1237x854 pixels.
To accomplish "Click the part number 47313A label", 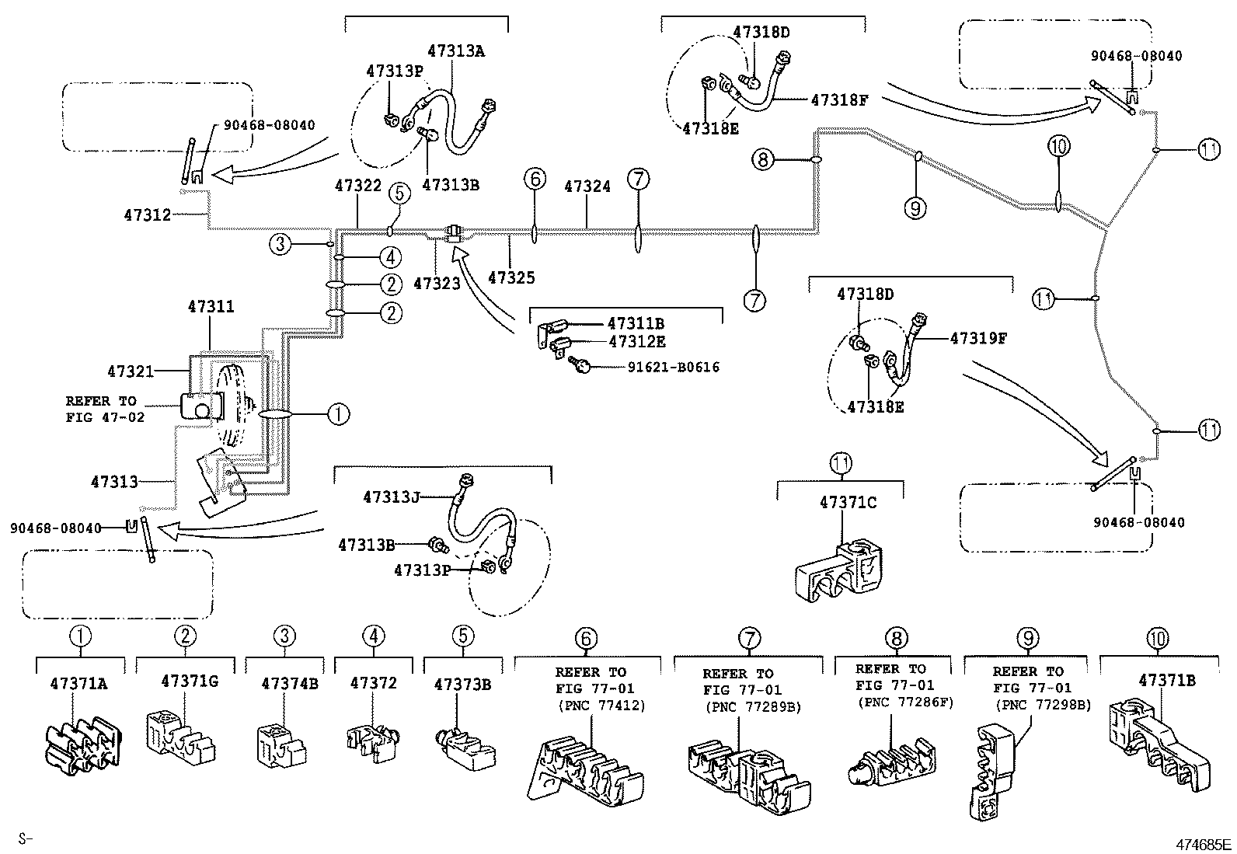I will [455, 51].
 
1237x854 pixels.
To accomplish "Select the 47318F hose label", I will [838, 99].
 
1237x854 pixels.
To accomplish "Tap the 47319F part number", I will [978, 338].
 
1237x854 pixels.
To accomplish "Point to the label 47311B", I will [636, 323].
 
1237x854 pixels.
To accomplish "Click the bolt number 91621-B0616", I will [673, 367].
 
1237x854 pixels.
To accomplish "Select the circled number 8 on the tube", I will [763, 160].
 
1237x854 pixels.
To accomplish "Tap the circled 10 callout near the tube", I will [1058, 145].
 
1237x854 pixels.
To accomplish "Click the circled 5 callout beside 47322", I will [399, 193].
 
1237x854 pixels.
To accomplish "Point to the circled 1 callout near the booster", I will [338, 415].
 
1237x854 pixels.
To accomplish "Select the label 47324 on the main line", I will [587, 186].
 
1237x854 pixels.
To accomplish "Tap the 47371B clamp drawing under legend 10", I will [1155, 739].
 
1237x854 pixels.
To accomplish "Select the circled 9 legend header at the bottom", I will [1027, 638].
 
